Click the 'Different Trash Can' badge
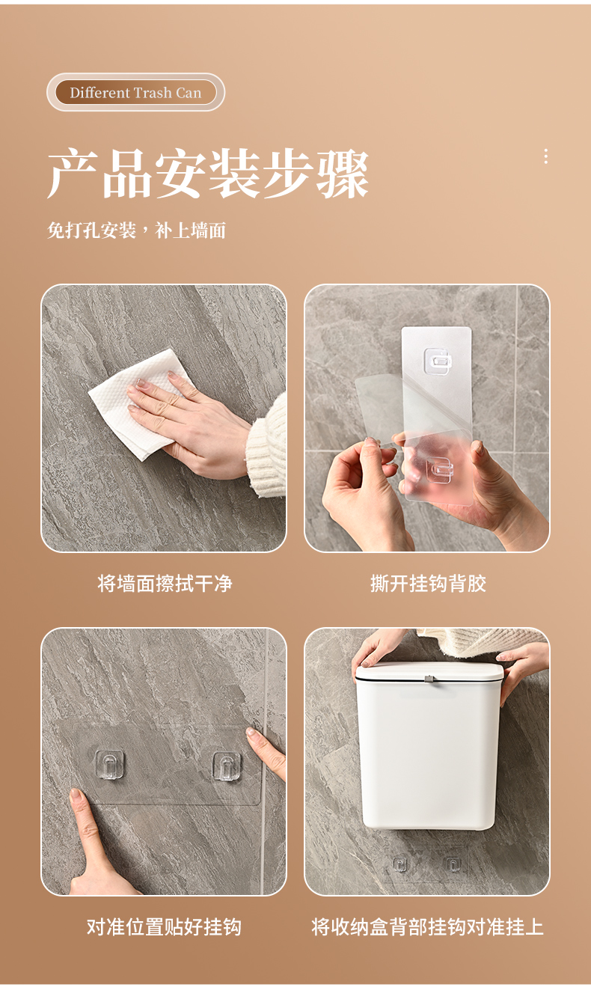(x=135, y=92)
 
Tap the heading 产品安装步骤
(x=208, y=174)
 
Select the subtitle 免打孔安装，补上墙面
(x=136, y=230)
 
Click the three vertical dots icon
(x=545, y=156)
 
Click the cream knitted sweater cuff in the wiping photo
(x=267, y=447)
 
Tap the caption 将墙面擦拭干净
(x=165, y=584)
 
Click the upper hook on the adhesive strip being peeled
(x=438, y=361)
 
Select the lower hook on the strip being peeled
(x=439, y=470)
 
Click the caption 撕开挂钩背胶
(x=428, y=584)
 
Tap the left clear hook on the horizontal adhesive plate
(x=110, y=765)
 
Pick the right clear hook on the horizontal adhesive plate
(x=227, y=766)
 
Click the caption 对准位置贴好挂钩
(x=164, y=926)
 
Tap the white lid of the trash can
(x=429, y=672)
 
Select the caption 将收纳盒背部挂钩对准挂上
(x=427, y=926)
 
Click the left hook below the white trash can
(x=400, y=864)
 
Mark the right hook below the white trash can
(x=452, y=864)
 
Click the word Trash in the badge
(x=153, y=93)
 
